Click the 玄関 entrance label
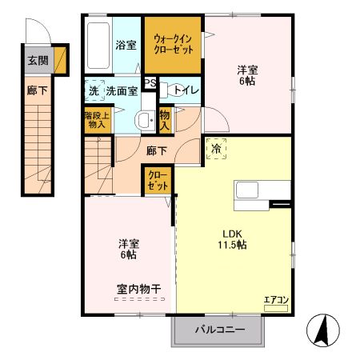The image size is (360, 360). point(38,60)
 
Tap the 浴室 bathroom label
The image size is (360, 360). point(126,45)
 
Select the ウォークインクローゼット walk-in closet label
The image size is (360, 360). point(174,44)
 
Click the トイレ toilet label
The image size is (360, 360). point(186,90)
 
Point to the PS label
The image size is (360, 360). point(150,82)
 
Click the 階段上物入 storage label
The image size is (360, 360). point(95,120)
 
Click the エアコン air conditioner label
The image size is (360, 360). point(276,300)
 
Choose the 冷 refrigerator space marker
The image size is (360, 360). point(215,148)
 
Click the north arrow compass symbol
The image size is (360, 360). point(324,331)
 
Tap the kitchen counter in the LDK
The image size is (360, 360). point(261,193)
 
